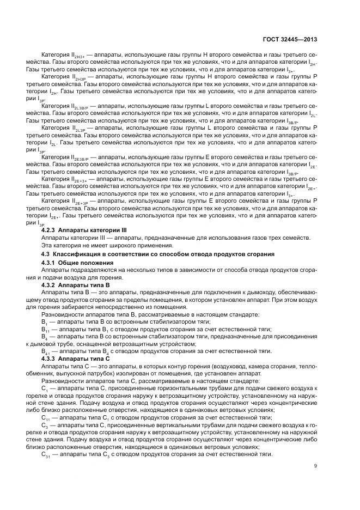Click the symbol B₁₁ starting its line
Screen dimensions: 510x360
[45, 329]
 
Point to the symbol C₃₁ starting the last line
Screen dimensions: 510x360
[46, 454]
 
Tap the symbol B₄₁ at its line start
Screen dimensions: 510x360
[46, 352]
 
